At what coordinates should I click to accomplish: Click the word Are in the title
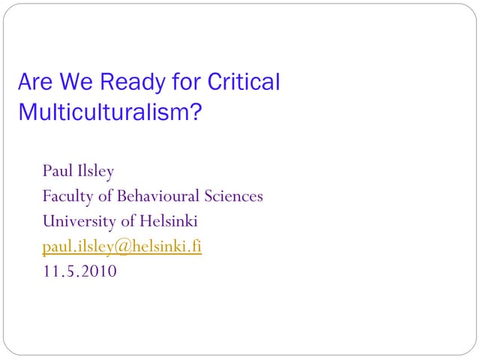[33, 82]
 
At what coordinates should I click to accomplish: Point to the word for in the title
[178, 82]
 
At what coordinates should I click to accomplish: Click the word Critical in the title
[242, 82]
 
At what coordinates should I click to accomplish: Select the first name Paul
[57, 172]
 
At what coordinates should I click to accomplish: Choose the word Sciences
[233, 196]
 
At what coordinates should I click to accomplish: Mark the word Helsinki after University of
[167, 221]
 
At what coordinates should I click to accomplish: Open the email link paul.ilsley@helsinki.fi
[121, 247]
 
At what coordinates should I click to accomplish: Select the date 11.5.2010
[79, 271]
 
